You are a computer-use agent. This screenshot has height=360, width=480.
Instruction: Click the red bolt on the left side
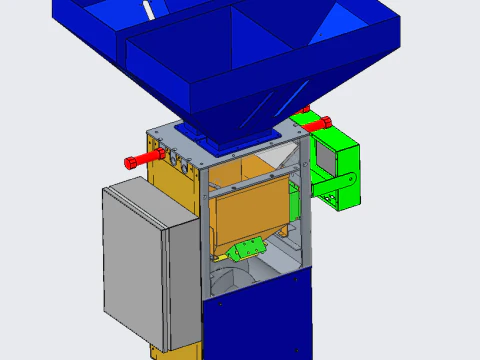[x=143, y=160]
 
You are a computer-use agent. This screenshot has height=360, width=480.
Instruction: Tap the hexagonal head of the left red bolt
[x=128, y=162]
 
